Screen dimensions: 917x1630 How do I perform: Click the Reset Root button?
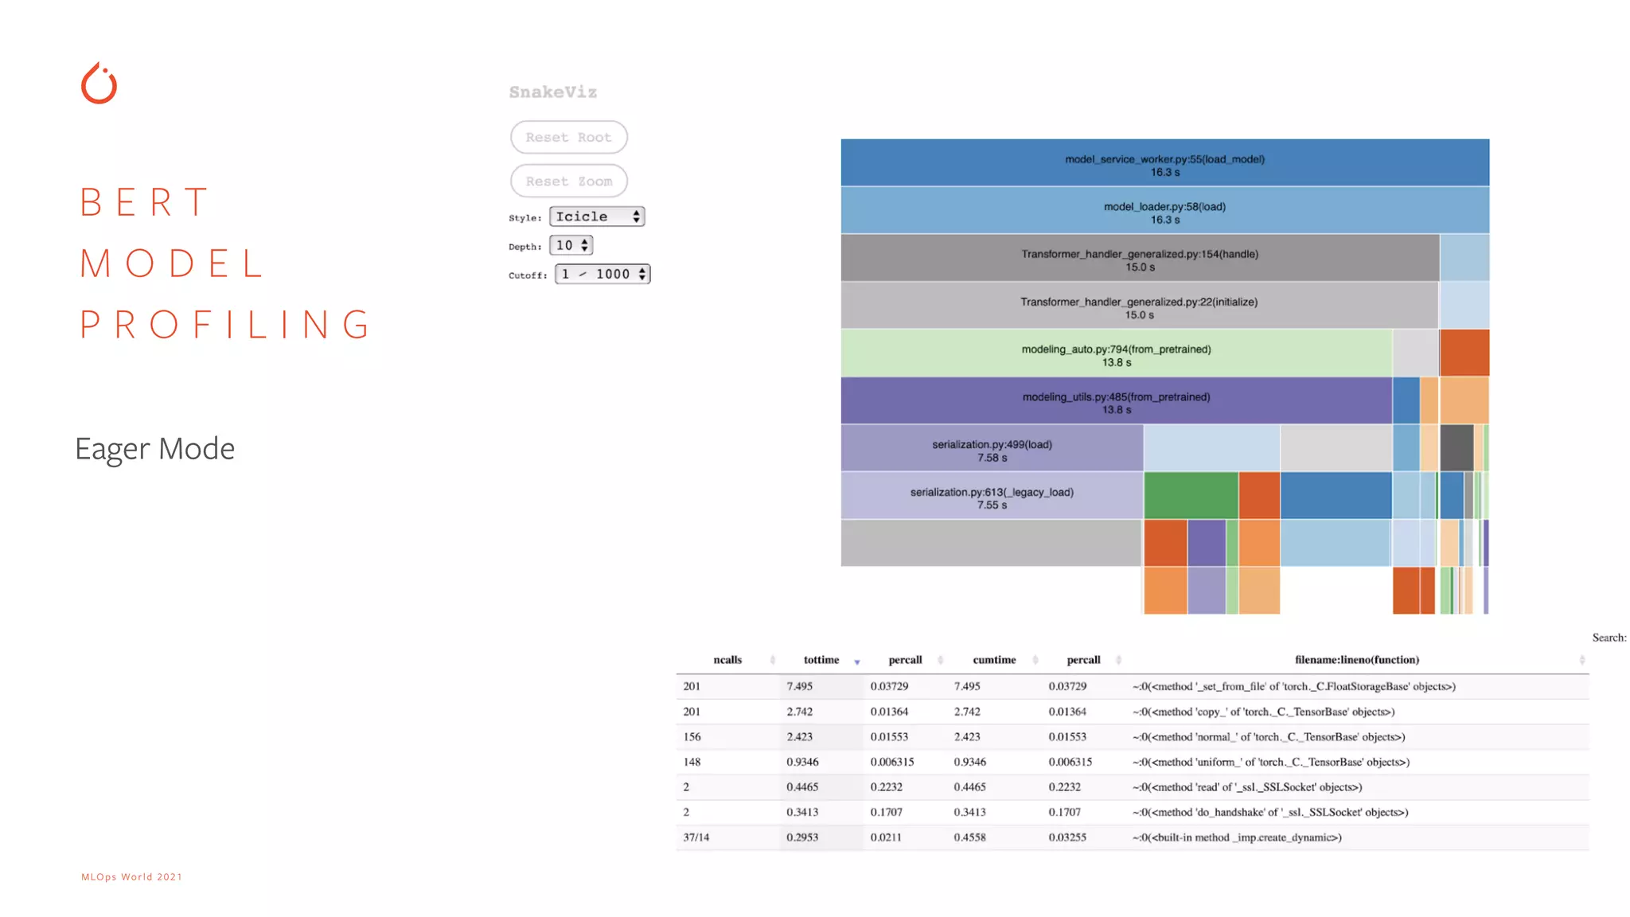coord(568,137)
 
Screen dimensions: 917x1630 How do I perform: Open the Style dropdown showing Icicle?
coord(597,217)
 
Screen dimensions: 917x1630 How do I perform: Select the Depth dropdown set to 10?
coord(571,245)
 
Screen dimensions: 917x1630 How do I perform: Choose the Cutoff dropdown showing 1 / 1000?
coord(602,274)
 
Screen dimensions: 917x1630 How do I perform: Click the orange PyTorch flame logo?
coord(99,84)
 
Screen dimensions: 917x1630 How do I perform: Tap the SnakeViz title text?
coord(553,92)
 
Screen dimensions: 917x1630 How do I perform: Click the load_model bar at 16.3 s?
coord(1164,164)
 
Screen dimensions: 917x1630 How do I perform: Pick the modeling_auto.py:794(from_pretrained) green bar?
coord(1116,354)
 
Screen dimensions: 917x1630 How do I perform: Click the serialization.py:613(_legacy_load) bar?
coord(992,497)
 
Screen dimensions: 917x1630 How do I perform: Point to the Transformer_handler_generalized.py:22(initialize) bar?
coord(1139,306)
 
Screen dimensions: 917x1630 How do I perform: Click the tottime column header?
coord(821,660)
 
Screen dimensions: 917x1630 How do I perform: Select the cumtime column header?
coord(994,660)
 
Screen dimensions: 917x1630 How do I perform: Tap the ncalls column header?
coord(727,660)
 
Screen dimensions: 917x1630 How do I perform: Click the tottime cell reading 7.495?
coord(800,686)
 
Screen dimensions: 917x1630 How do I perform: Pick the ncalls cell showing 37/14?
coord(696,837)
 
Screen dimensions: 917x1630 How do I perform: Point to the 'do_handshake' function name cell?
coord(1270,812)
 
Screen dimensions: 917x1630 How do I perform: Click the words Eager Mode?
coord(155,449)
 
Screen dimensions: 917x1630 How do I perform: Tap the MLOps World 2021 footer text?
coord(132,877)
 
